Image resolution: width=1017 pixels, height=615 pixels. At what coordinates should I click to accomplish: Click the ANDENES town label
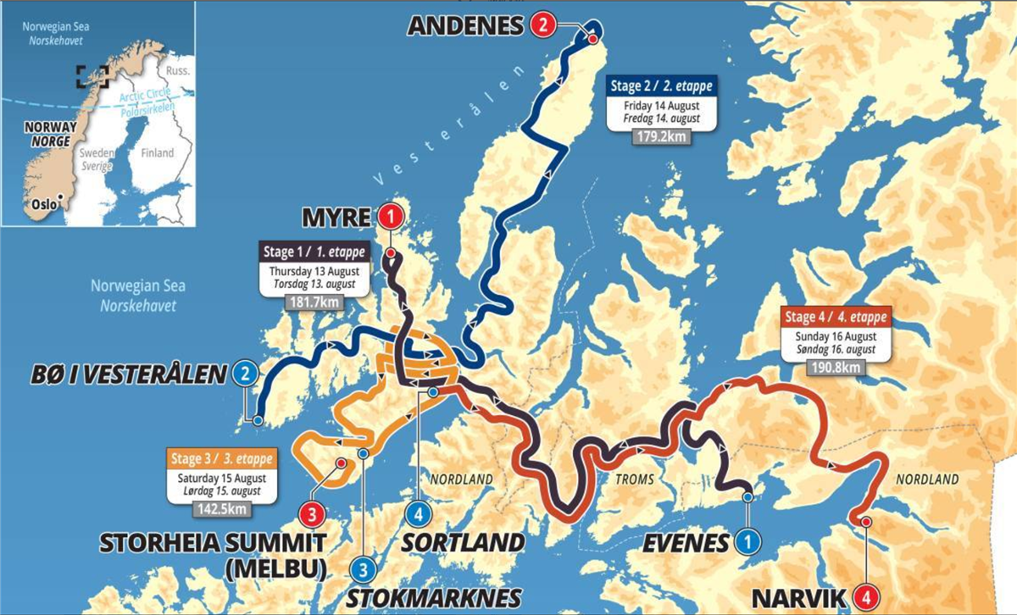point(466,25)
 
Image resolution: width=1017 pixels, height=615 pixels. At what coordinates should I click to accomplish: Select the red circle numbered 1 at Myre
point(389,218)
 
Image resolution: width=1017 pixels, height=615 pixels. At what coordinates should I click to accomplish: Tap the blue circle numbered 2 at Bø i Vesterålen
point(245,374)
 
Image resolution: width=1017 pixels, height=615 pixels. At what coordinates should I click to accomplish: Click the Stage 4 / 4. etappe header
point(835,318)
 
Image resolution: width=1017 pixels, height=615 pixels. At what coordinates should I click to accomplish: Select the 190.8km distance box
point(835,367)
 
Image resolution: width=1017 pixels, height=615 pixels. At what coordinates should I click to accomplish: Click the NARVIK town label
point(799,598)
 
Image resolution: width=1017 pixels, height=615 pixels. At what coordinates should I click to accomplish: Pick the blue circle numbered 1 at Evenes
point(746,540)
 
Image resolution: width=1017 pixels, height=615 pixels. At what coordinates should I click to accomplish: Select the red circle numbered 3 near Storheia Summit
point(311,513)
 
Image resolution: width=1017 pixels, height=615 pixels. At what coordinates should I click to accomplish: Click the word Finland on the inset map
point(158,153)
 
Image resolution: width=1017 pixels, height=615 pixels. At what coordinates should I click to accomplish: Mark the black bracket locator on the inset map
point(92,76)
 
